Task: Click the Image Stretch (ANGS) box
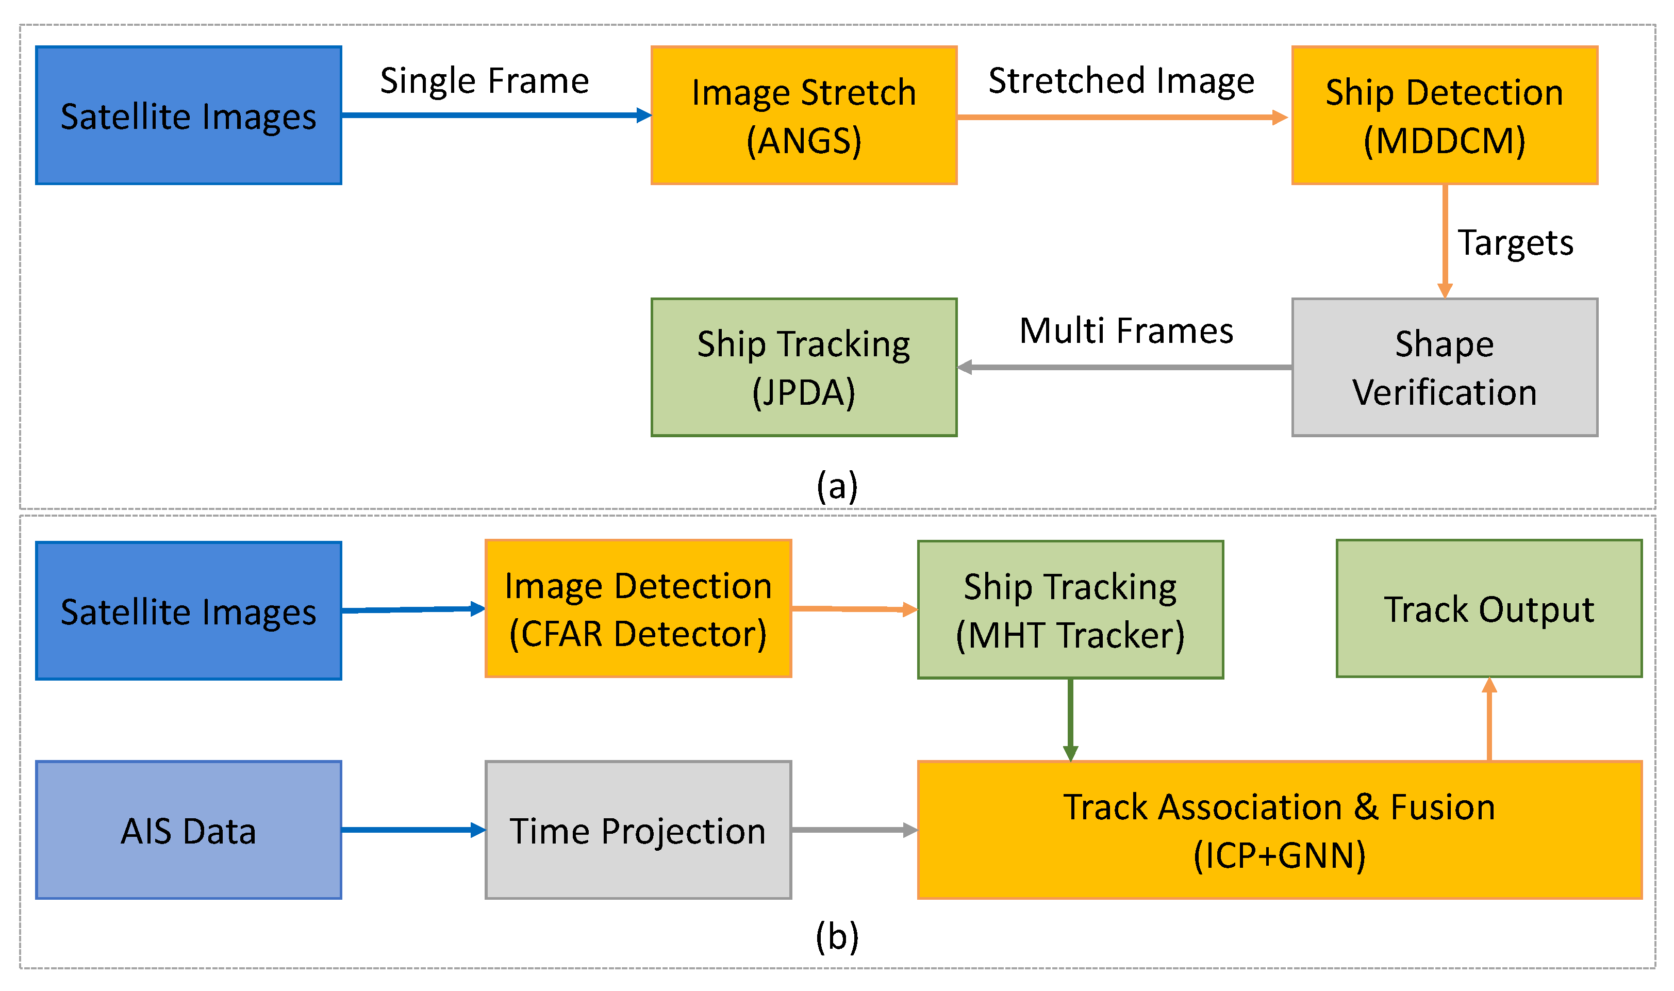[804, 115]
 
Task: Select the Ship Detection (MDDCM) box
[1444, 115]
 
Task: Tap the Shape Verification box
[1444, 367]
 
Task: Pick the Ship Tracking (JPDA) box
[804, 367]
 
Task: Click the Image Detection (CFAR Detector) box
[638, 609]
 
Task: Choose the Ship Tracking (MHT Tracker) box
[1070, 609]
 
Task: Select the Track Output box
[1488, 609]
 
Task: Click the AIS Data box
[188, 830]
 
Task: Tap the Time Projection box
[638, 830]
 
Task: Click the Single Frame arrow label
[484, 81]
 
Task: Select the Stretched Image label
[1121, 81]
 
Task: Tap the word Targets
[1515, 242]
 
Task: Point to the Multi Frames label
[1126, 331]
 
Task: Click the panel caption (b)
[837, 936]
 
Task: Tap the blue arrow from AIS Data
[412, 830]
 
